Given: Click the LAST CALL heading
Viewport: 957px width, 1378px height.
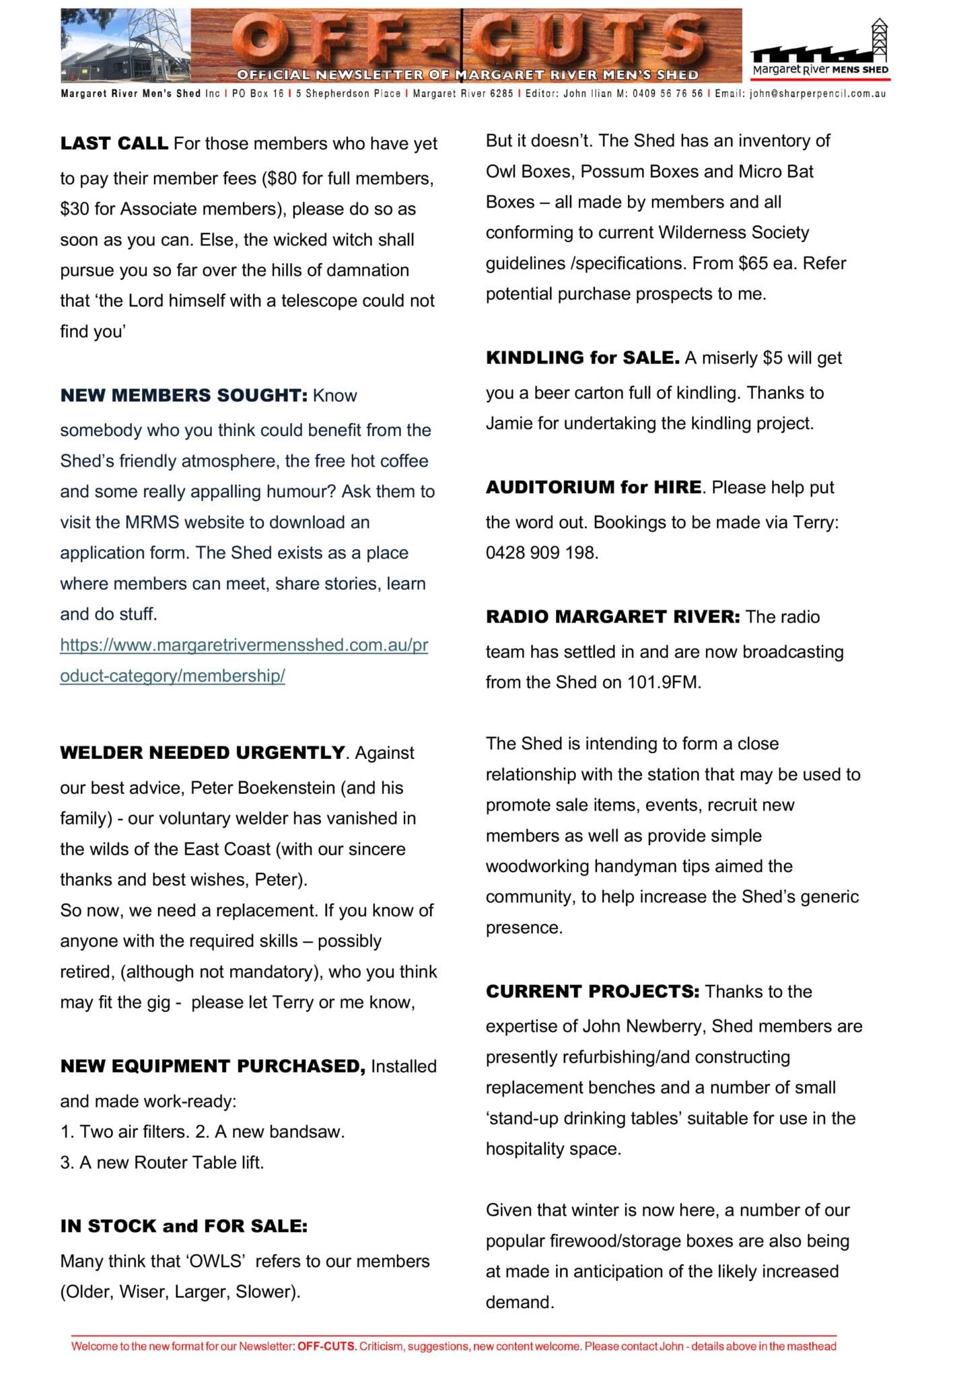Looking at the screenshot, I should pyautogui.click(x=114, y=144).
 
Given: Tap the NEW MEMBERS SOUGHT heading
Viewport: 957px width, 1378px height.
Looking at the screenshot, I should pyautogui.click(x=183, y=395).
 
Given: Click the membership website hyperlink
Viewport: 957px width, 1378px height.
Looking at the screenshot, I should pyautogui.click(x=244, y=660).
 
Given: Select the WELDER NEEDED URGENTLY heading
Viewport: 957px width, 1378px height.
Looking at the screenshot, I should pyautogui.click(x=202, y=752).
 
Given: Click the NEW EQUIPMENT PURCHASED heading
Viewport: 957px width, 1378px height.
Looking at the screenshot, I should pyautogui.click(x=212, y=1066).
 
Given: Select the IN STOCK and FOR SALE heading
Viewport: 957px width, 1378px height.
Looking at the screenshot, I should pyautogui.click(x=183, y=1226).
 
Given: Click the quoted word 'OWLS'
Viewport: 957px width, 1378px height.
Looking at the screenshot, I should pyautogui.click(x=215, y=1261).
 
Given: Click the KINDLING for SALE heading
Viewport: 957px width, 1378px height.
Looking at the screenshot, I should pyautogui.click(x=582, y=358).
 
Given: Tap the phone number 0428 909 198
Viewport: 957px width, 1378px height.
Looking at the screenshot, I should pyautogui.click(x=541, y=553).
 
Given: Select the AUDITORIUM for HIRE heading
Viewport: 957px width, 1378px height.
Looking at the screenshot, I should pyautogui.click(x=593, y=487).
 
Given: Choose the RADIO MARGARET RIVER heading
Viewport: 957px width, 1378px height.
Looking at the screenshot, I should pyautogui.click(x=612, y=617).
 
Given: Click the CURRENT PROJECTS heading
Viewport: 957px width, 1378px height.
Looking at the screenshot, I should pyautogui.click(x=592, y=992).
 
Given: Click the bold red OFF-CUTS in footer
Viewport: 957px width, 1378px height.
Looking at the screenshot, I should pyautogui.click(x=326, y=1346).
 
